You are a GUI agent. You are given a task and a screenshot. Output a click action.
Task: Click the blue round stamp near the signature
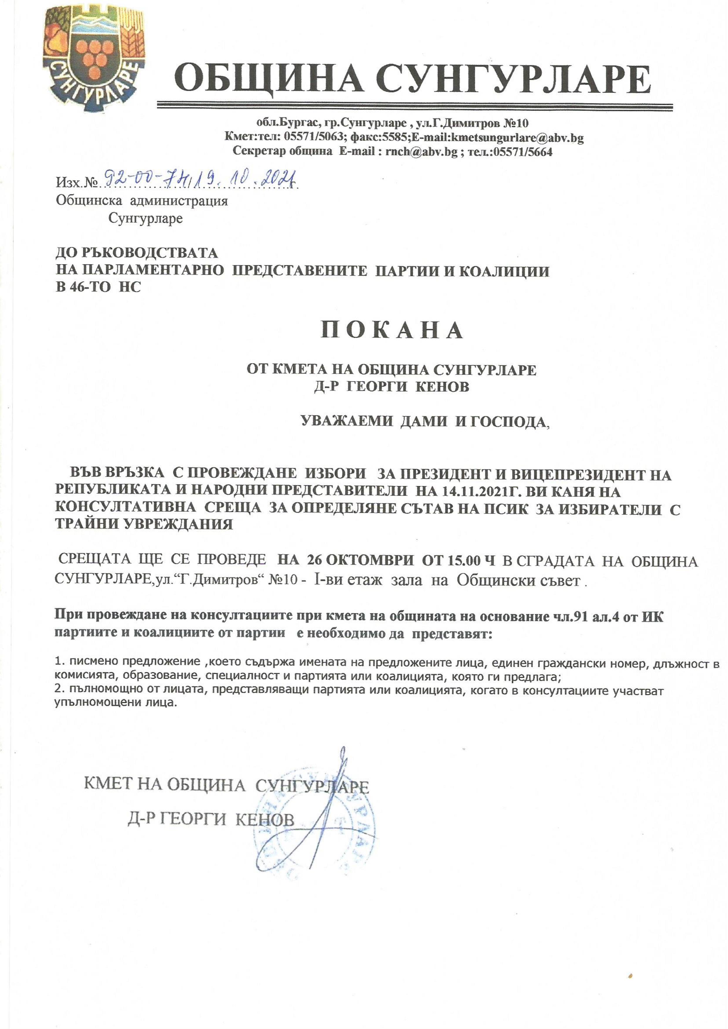click(314, 825)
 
